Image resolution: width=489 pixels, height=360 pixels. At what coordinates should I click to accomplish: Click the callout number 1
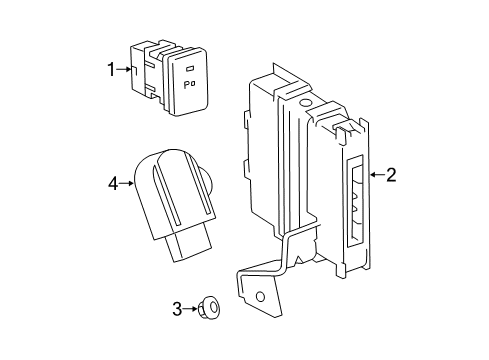112,69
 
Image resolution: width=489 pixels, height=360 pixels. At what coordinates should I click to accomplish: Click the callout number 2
390,175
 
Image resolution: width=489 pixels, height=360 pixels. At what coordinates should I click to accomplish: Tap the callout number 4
114,182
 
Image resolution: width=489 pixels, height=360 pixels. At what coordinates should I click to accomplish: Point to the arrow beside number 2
375,175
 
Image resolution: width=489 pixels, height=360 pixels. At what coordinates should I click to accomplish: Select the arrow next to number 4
128,182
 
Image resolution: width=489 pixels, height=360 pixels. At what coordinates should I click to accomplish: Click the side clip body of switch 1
145,75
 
